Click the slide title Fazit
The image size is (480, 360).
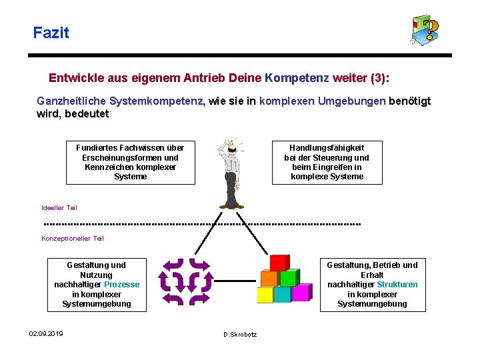tap(51, 32)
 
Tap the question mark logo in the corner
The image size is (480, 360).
tap(425, 30)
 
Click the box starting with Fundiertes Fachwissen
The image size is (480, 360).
tap(130, 162)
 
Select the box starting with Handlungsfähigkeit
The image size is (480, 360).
tap(327, 162)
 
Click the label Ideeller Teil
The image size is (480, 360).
tap(59, 208)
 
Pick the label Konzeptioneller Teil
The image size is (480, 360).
tap(73, 239)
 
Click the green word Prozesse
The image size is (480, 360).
tap(122, 285)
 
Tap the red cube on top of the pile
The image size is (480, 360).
tap(279, 263)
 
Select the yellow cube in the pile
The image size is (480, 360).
tap(265, 294)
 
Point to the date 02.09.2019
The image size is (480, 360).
tap(46, 333)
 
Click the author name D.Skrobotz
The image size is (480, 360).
tap(240, 334)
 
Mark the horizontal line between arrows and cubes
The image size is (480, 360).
tap(235, 281)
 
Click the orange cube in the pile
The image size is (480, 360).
tap(268, 277)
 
